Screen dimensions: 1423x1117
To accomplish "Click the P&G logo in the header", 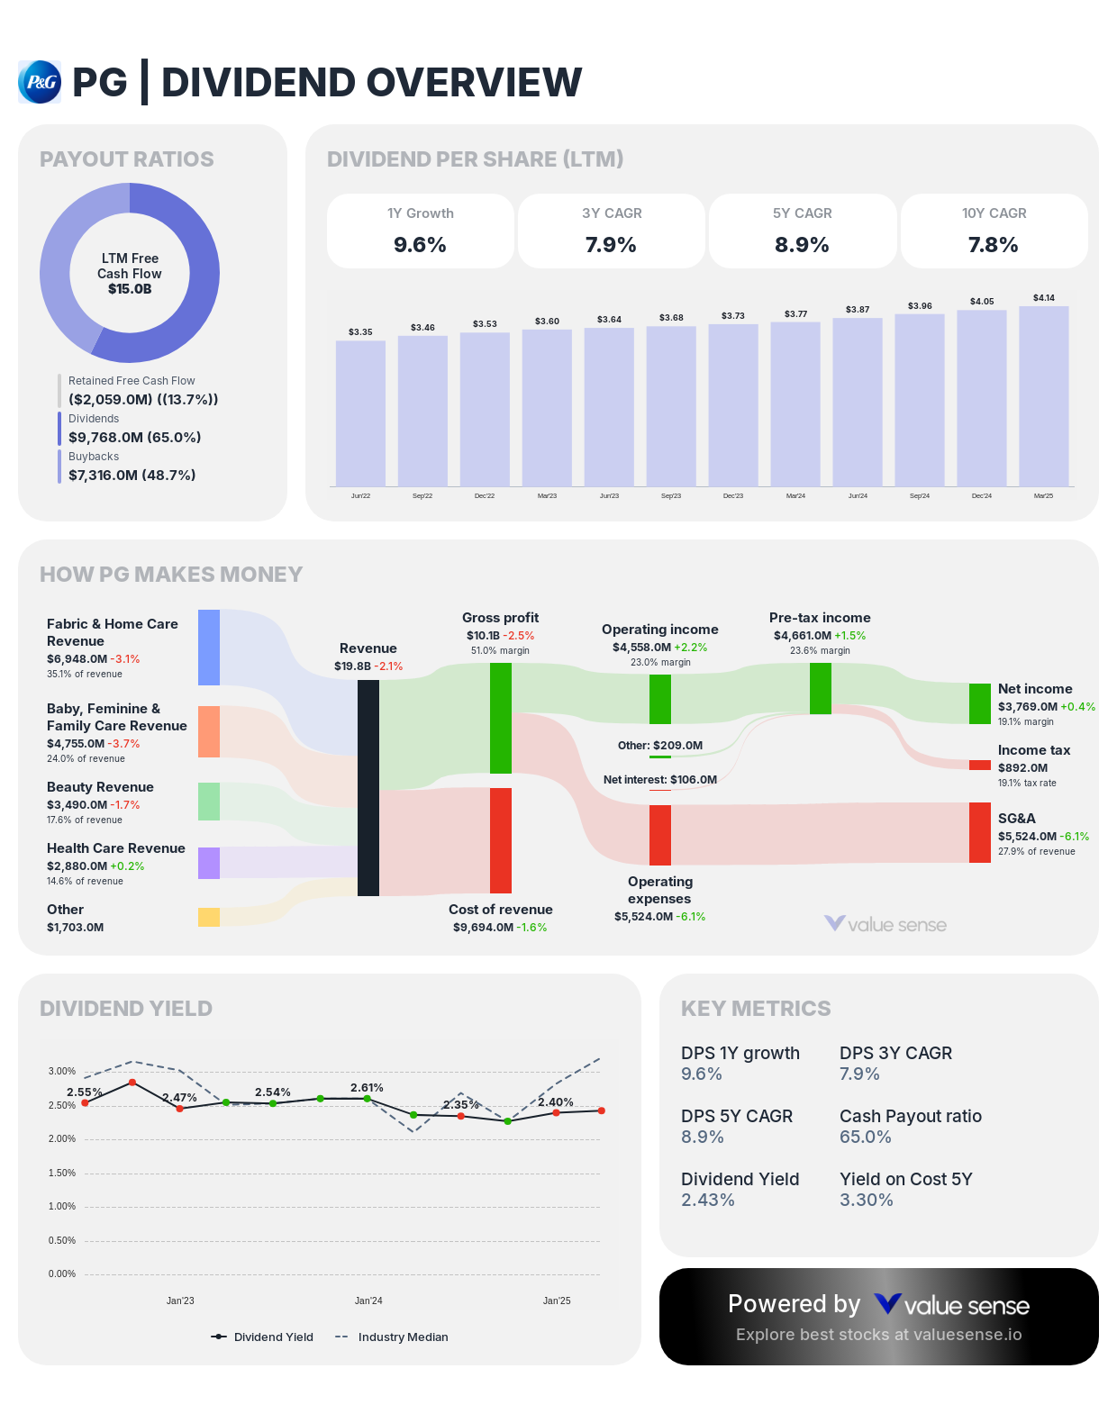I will pos(40,82).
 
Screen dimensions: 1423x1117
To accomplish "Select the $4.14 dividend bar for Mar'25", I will pos(1043,396).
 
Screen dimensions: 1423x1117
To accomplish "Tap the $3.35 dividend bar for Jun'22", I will pos(360,413).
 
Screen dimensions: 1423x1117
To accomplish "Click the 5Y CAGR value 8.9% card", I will pos(802,244).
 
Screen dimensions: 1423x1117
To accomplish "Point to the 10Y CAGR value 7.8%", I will pos(993,244).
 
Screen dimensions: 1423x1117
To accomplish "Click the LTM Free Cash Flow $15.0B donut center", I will pos(130,273).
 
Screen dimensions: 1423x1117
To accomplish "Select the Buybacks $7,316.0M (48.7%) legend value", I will pos(132,475).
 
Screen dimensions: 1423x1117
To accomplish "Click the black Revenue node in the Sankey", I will pos(368,788).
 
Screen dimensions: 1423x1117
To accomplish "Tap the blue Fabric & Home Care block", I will pos(209,648).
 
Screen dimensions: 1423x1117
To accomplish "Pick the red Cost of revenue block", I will pos(501,840).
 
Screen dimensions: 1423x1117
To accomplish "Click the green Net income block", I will pos(979,703).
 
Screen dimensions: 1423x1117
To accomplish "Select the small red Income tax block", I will pos(979,765).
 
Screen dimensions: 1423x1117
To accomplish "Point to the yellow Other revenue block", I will pos(209,917).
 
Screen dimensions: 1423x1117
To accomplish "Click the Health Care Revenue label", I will pos(116,848).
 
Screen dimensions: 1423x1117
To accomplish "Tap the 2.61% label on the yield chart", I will pos(367,1087).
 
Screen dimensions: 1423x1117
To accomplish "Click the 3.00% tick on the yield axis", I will pos(62,1071).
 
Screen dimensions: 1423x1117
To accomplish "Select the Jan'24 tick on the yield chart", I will pos(368,1301).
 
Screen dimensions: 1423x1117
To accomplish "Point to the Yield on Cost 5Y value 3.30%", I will pos(866,1200).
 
